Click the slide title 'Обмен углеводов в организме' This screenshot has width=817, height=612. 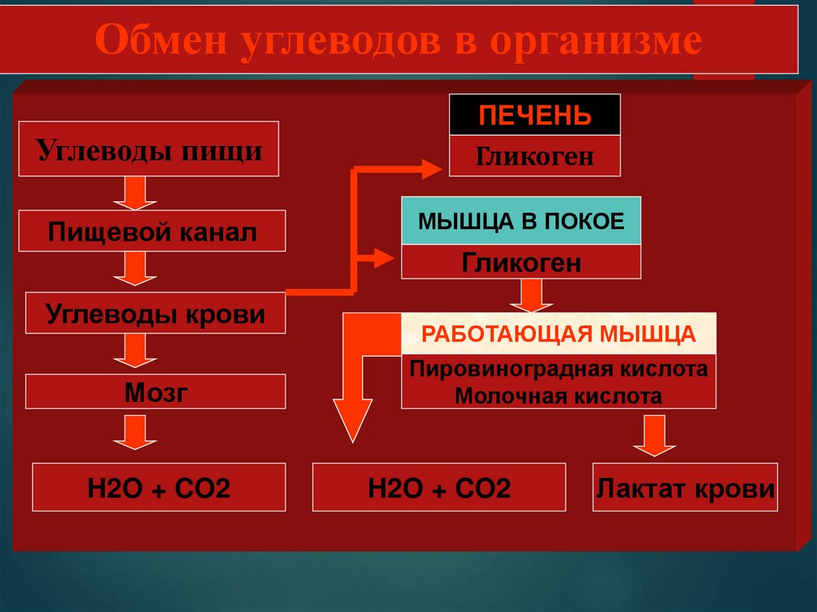click(x=399, y=41)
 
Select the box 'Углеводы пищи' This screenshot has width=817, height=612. click(x=148, y=149)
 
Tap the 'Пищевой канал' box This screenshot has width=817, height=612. click(x=152, y=231)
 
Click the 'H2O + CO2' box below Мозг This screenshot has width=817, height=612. click(x=159, y=487)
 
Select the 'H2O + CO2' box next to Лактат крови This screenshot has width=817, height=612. click(x=439, y=487)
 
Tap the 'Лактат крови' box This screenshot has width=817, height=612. click(x=685, y=487)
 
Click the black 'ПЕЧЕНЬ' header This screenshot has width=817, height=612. click(x=535, y=115)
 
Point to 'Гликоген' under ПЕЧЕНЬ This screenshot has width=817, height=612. click(x=535, y=156)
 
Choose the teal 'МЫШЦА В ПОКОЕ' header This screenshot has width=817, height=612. click(x=521, y=221)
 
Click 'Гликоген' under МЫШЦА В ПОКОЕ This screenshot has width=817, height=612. click(x=521, y=262)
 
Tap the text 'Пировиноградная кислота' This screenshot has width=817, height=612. click(x=558, y=369)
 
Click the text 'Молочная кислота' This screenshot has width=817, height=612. click(x=558, y=395)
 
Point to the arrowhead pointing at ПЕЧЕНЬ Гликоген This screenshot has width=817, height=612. click(x=428, y=168)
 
